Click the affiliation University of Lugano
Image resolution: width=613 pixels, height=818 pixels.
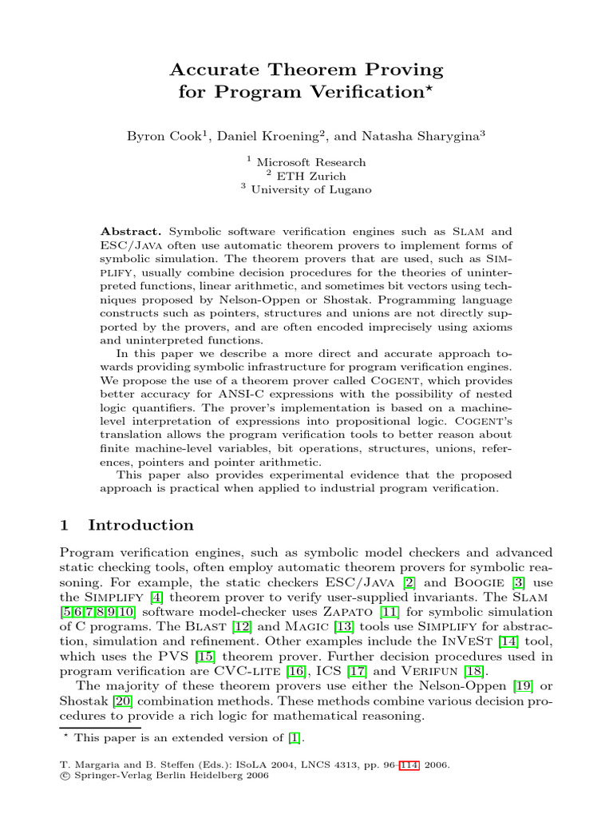click(x=311, y=189)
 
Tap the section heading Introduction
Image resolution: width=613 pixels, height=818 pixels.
click(x=140, y=525)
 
